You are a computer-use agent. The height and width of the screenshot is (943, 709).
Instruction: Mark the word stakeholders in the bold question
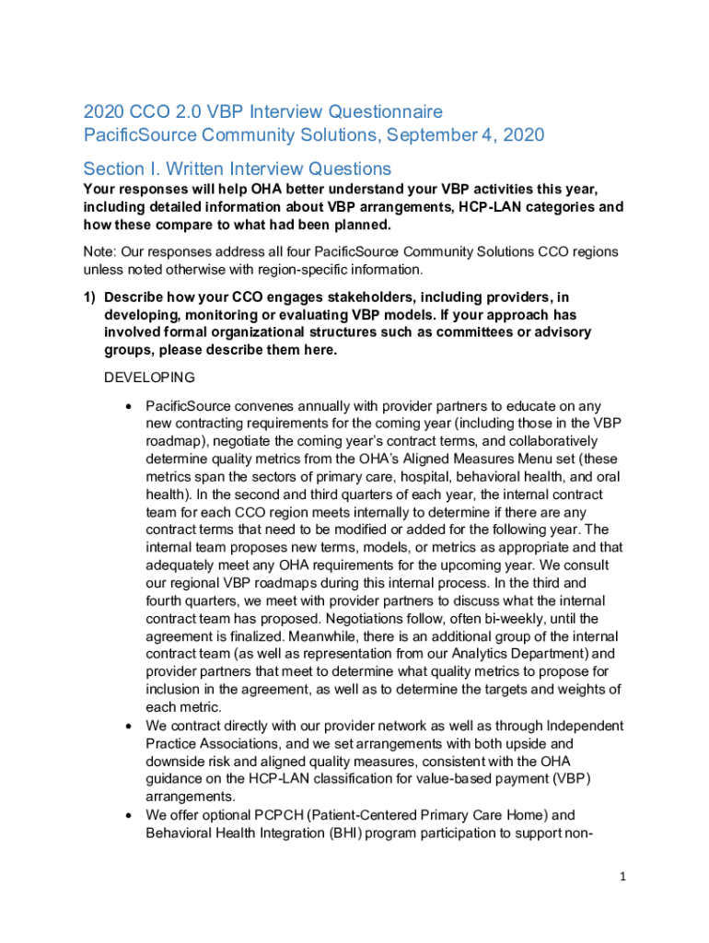(344, 297)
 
